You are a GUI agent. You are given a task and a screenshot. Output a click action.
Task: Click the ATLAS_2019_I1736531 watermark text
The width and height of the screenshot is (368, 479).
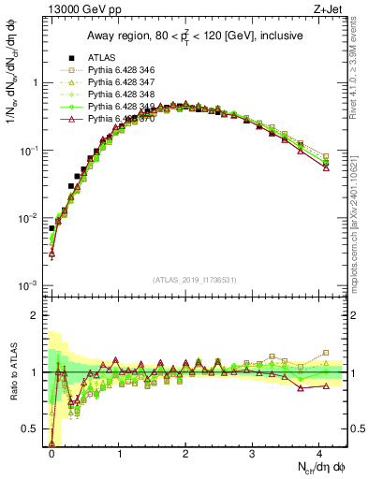coord(195,279)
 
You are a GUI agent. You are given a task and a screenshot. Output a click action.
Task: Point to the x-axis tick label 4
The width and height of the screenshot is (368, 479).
coord(319,455)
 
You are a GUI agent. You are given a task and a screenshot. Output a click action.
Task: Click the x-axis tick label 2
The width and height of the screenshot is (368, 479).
coord(185,455)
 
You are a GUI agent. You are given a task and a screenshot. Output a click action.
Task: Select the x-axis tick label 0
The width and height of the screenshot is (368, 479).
coord(52,455)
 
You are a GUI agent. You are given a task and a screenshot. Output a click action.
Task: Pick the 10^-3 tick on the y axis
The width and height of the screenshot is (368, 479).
coord(30,284)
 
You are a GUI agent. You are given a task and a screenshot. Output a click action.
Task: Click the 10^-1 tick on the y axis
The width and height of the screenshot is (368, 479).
coord(30,150)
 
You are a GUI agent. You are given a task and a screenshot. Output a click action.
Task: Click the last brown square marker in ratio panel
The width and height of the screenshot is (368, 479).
coord(326,353)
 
